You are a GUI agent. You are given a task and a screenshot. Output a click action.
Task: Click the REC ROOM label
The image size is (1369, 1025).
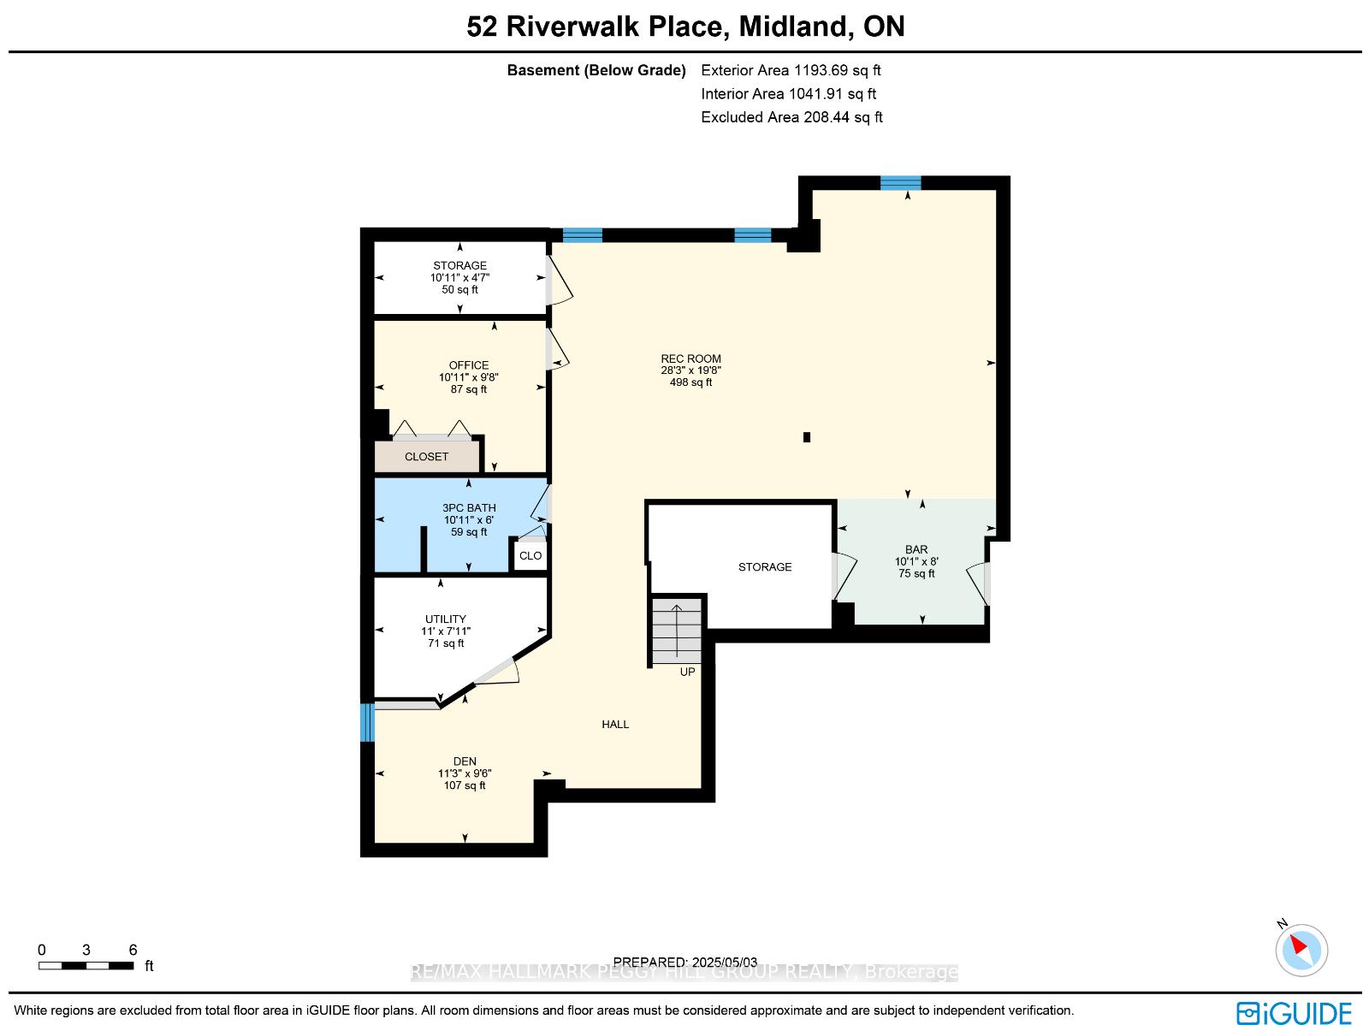690,358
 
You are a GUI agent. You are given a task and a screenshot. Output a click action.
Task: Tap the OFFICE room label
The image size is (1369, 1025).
468,365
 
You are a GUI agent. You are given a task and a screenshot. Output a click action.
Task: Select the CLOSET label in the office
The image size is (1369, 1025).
427,457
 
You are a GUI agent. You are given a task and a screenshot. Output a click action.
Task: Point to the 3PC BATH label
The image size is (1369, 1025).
469,508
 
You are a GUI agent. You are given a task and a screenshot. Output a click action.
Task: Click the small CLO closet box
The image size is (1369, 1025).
530,555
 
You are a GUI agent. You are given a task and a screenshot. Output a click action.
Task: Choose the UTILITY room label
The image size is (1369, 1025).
445,619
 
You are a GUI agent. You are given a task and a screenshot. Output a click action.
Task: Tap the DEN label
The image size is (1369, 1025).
465,761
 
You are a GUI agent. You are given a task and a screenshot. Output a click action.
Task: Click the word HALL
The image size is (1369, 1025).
615,725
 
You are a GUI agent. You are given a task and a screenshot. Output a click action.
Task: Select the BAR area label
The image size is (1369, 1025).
916,549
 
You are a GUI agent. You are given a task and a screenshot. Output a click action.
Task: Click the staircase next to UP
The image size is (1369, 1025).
677,631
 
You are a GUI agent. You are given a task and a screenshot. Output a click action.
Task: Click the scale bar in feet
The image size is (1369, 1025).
86,966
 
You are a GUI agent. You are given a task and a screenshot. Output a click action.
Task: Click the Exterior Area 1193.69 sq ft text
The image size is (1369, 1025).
791,70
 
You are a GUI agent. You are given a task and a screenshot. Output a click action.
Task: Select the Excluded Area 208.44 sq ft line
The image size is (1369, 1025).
791,117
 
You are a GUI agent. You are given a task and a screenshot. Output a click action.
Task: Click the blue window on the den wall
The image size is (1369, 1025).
367,723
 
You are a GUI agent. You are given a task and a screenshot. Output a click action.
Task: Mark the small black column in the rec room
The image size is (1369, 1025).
807,437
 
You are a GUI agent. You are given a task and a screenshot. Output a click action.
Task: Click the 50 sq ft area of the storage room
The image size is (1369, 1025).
459,290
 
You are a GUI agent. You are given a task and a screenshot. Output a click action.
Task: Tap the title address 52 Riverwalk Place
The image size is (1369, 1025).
595,27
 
